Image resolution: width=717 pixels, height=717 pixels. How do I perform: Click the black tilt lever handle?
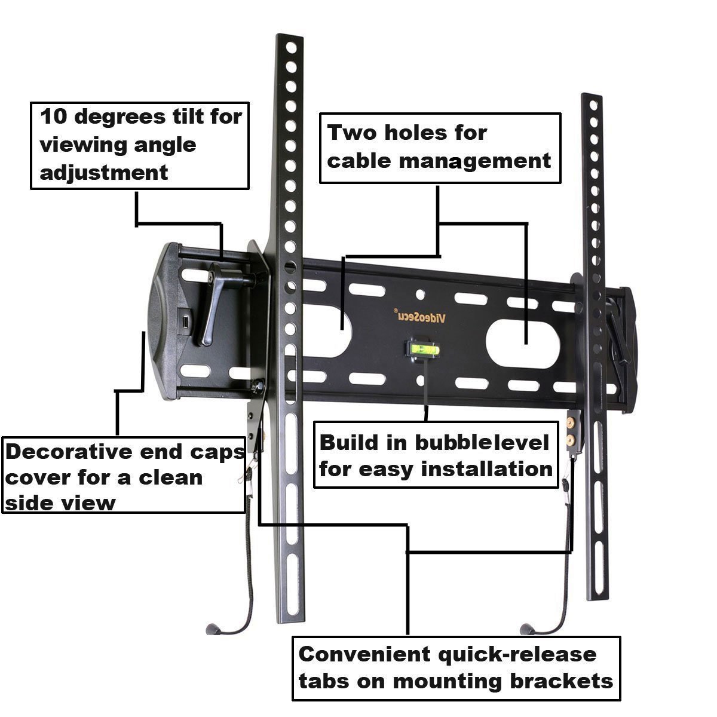point(213,311)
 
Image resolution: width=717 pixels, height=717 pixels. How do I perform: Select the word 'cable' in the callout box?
point(356,160)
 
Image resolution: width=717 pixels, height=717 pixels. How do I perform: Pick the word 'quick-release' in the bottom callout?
point(517,654)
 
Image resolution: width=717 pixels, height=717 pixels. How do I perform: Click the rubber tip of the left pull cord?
point(210,629)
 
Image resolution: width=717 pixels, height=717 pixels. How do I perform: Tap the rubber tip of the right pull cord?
point(525,629)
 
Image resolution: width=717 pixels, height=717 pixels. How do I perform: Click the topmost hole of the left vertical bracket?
point(291,46)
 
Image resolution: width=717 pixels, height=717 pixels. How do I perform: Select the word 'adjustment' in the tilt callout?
point(103,173)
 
